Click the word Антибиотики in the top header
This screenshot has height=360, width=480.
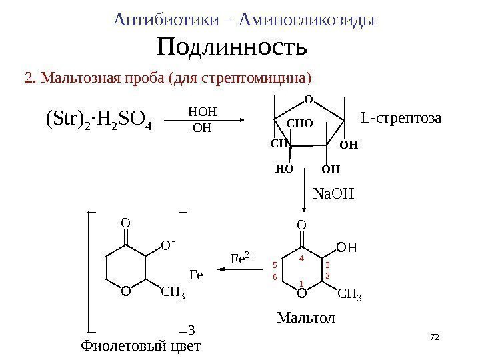166,20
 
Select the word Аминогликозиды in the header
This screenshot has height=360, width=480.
306,20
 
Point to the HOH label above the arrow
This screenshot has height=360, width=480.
203,111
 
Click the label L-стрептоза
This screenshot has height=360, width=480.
401,118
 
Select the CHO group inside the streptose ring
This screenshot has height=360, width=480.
299,123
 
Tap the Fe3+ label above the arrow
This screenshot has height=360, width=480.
243,257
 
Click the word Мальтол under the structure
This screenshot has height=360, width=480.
307,319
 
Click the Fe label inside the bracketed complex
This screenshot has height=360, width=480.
197,274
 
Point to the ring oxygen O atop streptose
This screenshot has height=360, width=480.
308,100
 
